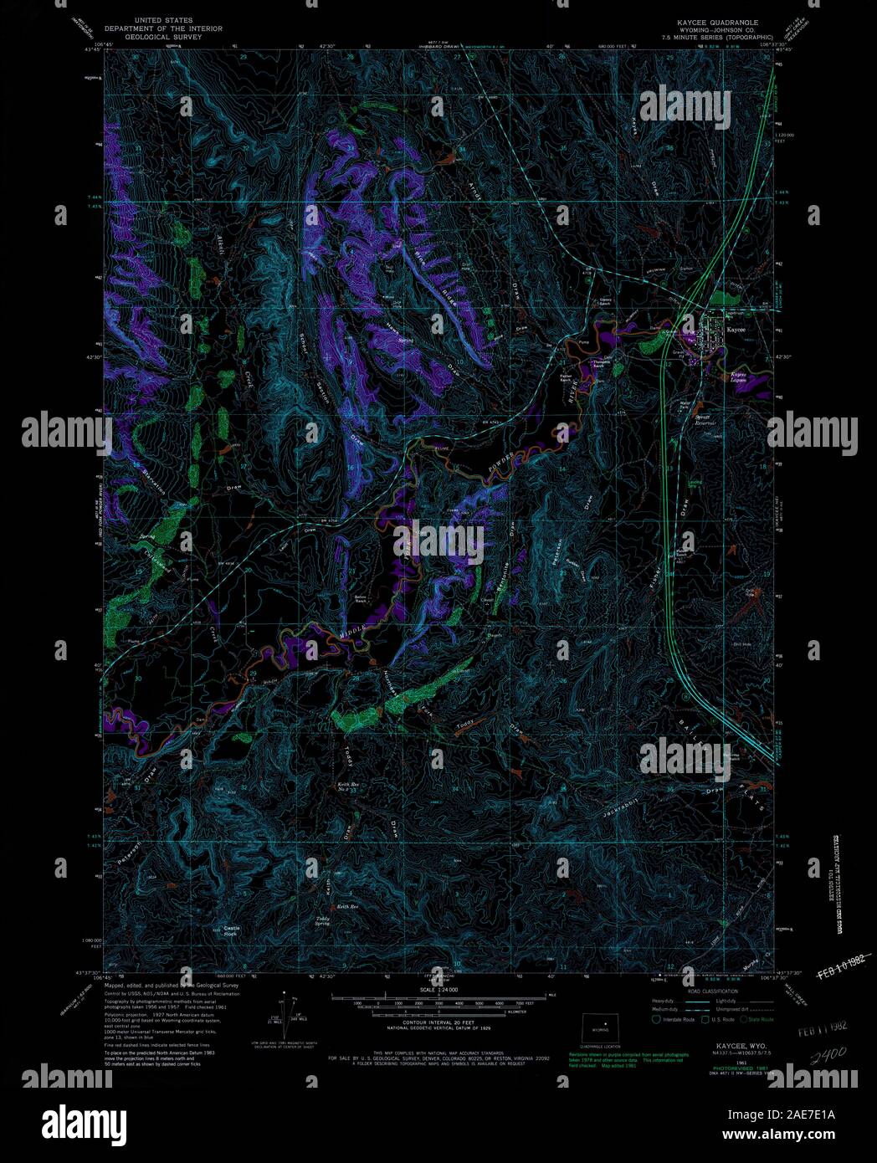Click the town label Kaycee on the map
(x=736, y=329)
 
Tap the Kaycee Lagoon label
(x=738, y=377)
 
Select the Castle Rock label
(x=230, y=930)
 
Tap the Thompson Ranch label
(x=600, y=363)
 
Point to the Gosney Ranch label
(x=605, y=302)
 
